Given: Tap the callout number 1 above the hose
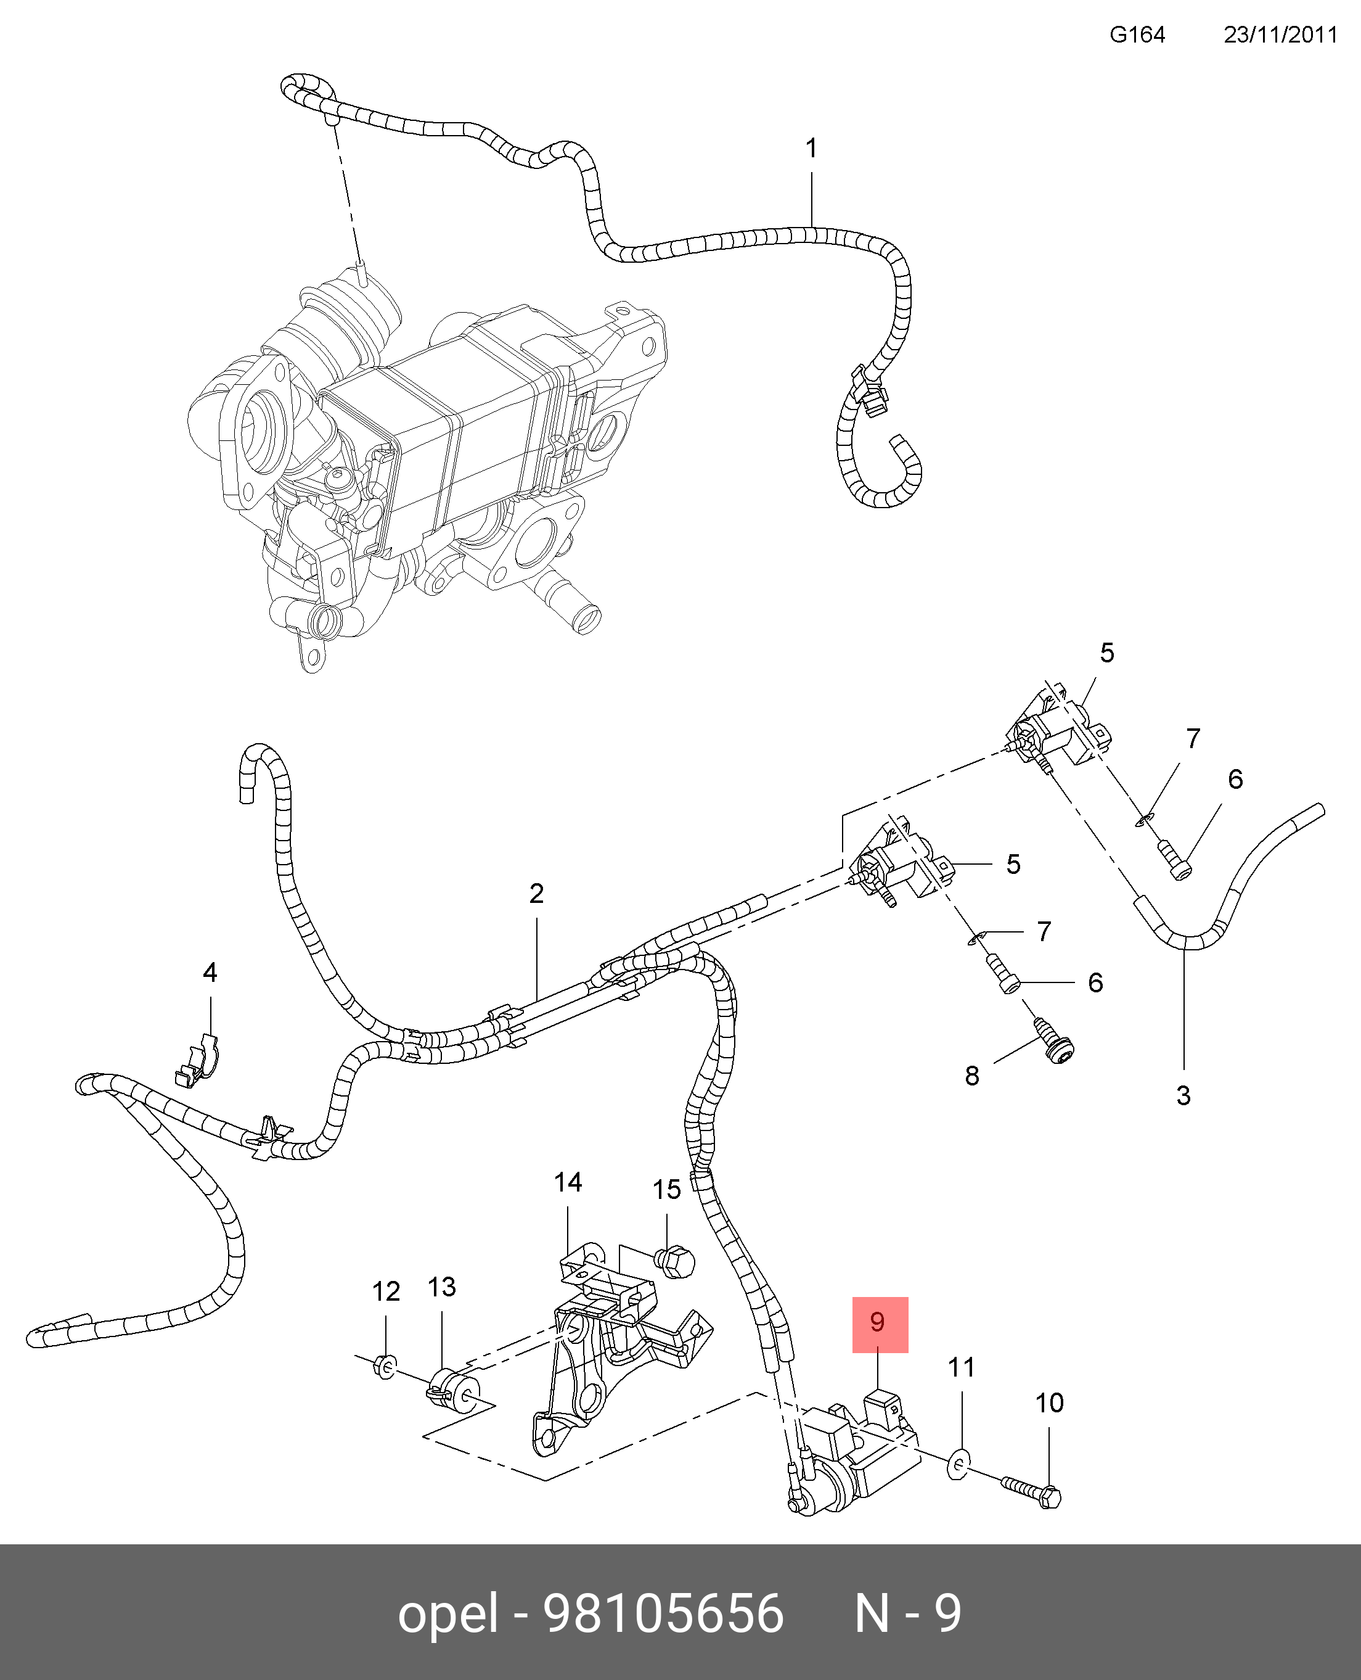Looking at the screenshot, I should [x=811, y=148].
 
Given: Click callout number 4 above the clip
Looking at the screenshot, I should [x=210, y=973].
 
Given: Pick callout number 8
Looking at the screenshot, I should [x=972, y=1076].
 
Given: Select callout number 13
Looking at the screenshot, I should [x=441, y=1287].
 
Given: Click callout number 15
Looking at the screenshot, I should [x=666, y=1190].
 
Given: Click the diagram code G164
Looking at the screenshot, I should [x=1137, y=35].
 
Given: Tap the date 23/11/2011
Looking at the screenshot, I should [x=1280, y=35].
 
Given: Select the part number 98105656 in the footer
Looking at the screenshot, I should [x=663, y=1614].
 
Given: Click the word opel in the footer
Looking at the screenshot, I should [x=448, y=1614].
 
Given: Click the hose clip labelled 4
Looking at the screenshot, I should [x=197, y=1060].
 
